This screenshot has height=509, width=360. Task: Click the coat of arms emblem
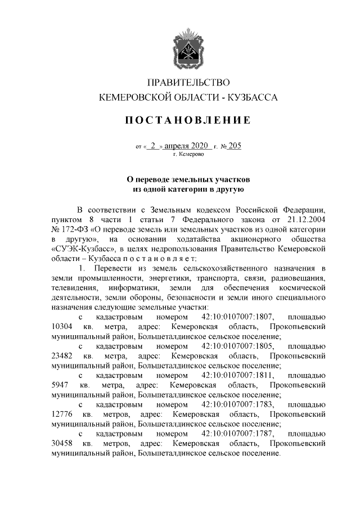[x=188, y=49]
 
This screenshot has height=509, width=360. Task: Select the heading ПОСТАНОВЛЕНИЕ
[x=188, y=120]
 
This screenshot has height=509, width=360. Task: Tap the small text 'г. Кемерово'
[x=188, y=154]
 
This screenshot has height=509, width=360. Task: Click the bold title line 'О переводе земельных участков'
[x=188, y=179]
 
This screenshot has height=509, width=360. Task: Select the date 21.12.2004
[x=307, y=218]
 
